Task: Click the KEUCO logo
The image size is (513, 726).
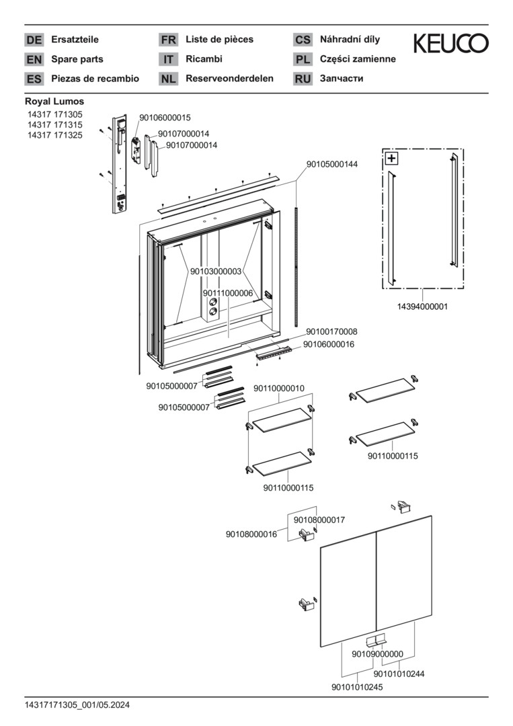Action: coord(450,44)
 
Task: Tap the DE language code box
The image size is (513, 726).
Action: coord(34,40)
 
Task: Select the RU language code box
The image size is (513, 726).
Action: coord(303,79)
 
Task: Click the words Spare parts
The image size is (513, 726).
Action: coord(77,59)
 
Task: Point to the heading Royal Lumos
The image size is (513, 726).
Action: coord(54,102)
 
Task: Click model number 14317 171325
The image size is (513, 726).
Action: coord(54,135)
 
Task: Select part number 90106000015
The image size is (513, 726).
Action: coord(165,118)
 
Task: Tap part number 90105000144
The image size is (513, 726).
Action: coord(332,164)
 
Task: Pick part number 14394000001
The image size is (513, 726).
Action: coord(422,306)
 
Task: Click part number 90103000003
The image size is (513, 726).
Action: coord(215,272)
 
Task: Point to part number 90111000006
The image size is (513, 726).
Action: coord(227,293)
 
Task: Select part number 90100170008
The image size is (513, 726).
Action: coord(331,331)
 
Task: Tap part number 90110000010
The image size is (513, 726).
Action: coord(279,389)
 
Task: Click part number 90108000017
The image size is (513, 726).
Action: coord(319,520)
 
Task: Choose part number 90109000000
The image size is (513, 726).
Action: coord(377,654)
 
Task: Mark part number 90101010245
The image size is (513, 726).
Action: coord(357,687)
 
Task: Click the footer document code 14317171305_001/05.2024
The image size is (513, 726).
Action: coord(77,705)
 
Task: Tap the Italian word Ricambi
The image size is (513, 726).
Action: coord(204,59)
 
